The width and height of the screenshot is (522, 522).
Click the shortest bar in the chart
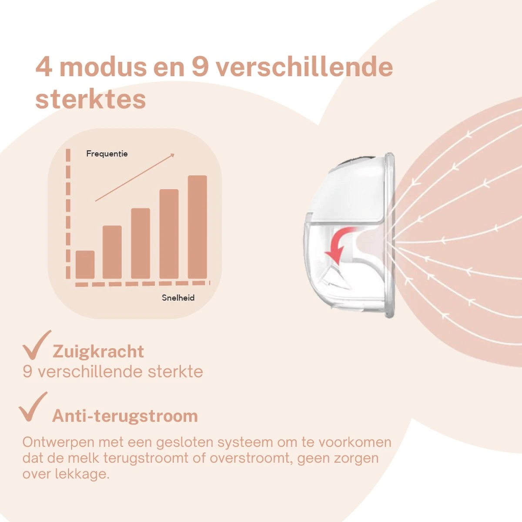point(85,264)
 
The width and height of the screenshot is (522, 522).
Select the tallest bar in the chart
point(197,227)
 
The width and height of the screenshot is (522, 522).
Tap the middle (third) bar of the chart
point(141,243)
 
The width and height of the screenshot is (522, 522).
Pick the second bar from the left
point(112,252)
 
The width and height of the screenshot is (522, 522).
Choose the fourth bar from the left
point(169,234)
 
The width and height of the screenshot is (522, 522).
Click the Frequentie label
point(107,154)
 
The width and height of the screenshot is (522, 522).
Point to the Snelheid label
point(178,298)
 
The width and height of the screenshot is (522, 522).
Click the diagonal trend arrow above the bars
point(135,177)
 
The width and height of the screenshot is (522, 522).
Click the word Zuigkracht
point(98,351)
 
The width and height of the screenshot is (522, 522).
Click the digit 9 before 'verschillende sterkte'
point(28,371)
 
